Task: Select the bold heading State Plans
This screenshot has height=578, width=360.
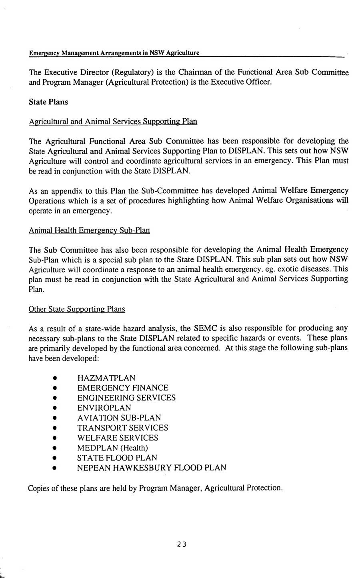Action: [48, 102]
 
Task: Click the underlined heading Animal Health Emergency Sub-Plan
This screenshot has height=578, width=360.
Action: [89, 230]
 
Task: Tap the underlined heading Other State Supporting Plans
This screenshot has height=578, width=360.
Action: [77, 309]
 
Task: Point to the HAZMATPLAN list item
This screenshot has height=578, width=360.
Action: [106, 378]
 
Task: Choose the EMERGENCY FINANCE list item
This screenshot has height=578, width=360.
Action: [123, 388]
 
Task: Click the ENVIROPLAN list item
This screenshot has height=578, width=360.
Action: [104, 408]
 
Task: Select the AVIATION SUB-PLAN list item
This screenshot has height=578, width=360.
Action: [119, 418]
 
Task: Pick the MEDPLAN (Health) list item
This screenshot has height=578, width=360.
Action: [112, 448]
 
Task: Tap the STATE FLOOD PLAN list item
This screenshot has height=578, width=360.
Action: [117, 458]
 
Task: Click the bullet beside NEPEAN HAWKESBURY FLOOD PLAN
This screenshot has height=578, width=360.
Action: [54, 468]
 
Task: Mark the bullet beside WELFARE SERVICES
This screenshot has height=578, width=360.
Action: [54, 438]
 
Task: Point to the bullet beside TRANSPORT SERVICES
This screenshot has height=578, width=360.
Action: [54, 428]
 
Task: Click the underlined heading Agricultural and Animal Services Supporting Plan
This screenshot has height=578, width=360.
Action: [113, 121]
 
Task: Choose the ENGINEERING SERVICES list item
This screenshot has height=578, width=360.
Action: [126, 398]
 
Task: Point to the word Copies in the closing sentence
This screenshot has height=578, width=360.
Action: [39, 488]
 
